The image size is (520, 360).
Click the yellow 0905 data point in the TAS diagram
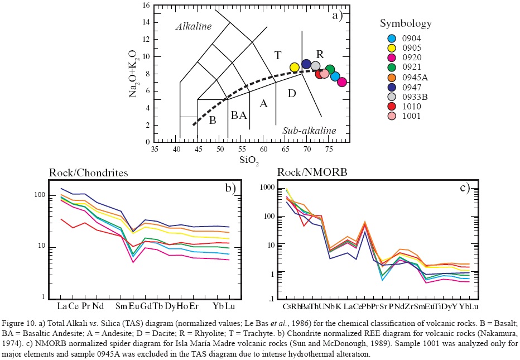(295, 68)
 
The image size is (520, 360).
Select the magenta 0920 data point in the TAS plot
(342, 82)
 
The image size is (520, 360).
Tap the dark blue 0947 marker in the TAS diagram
(306, 64)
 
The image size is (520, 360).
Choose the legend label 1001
(411, 116)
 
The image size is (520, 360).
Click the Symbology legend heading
(406, 23)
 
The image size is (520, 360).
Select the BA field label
(239, 116)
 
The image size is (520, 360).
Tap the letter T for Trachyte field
(277, 55)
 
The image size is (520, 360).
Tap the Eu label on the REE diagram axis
(133, 306)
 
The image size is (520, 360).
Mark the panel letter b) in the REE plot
(231, 188)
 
